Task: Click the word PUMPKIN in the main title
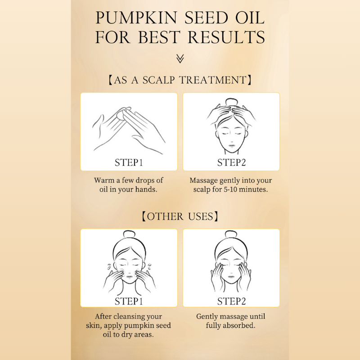(x=136, y=18)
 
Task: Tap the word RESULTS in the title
(x=227, y=37)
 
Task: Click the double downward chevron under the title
(x=180, y=58)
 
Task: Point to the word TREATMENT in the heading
(x=213, y=80)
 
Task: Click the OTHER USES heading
(x=180, y=216)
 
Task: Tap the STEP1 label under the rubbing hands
(x=129, y=162)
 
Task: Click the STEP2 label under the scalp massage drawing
(x=231, y=162)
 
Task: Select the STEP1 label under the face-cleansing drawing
(x=129, y=301)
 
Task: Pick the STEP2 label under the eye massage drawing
(x=231, y=301)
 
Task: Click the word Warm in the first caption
(x=104, y=180)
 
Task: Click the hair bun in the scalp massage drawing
(x=231, y=101)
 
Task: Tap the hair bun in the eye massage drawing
(x=231, y=235)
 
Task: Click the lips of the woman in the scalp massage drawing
(x=232, y=145)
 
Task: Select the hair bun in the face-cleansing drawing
(x=129, y=235)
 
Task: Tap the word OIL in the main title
(x=250, y=18)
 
